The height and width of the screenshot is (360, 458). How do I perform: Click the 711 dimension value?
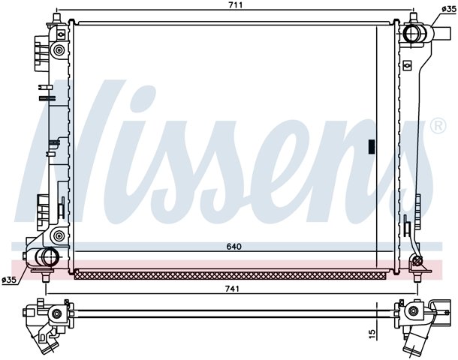pyautogui.click(x=236, y=4)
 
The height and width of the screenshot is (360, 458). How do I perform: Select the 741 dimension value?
pyautogui.click(x=233, y=289)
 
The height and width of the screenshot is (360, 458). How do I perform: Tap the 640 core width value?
pyautogui.click(x=234, y=247)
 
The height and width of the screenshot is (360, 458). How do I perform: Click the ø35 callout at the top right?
pyautogui.click(x=449, y=9)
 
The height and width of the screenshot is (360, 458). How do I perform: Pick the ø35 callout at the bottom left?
pyautogui.click(x=9, y=280)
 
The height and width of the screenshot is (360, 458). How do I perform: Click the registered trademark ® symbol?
pyautogui.click(x=438, y=126)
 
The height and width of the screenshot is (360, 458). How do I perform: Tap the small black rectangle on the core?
pyautogui.click(x=372, y=147)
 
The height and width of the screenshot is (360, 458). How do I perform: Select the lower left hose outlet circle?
pyautogui.click(x=47, y=256)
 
